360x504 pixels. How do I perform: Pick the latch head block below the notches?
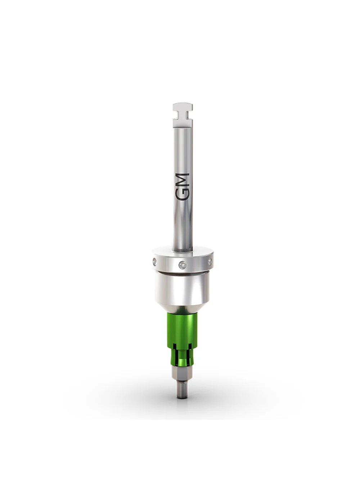click(183, 123)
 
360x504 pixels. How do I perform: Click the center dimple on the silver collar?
click(181, 264)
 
